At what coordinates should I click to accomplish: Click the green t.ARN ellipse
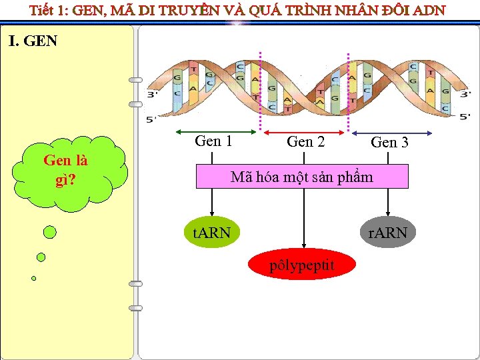[211, 233]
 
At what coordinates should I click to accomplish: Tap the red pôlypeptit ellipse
[302, 266]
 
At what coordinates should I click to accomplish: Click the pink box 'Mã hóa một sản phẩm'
[301, 177]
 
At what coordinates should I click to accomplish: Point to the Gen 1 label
[213, 141]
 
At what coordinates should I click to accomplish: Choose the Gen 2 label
[305, 141]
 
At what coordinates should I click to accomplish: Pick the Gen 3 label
[389, 142]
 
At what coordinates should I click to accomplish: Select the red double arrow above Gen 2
[304, 131]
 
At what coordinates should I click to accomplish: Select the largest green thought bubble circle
[50, 232]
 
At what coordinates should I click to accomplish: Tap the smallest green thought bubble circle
[33, 278]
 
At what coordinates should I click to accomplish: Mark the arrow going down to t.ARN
[213, 207]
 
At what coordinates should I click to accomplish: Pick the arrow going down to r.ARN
[389, 207]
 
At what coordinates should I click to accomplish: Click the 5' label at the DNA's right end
[465, 117]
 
